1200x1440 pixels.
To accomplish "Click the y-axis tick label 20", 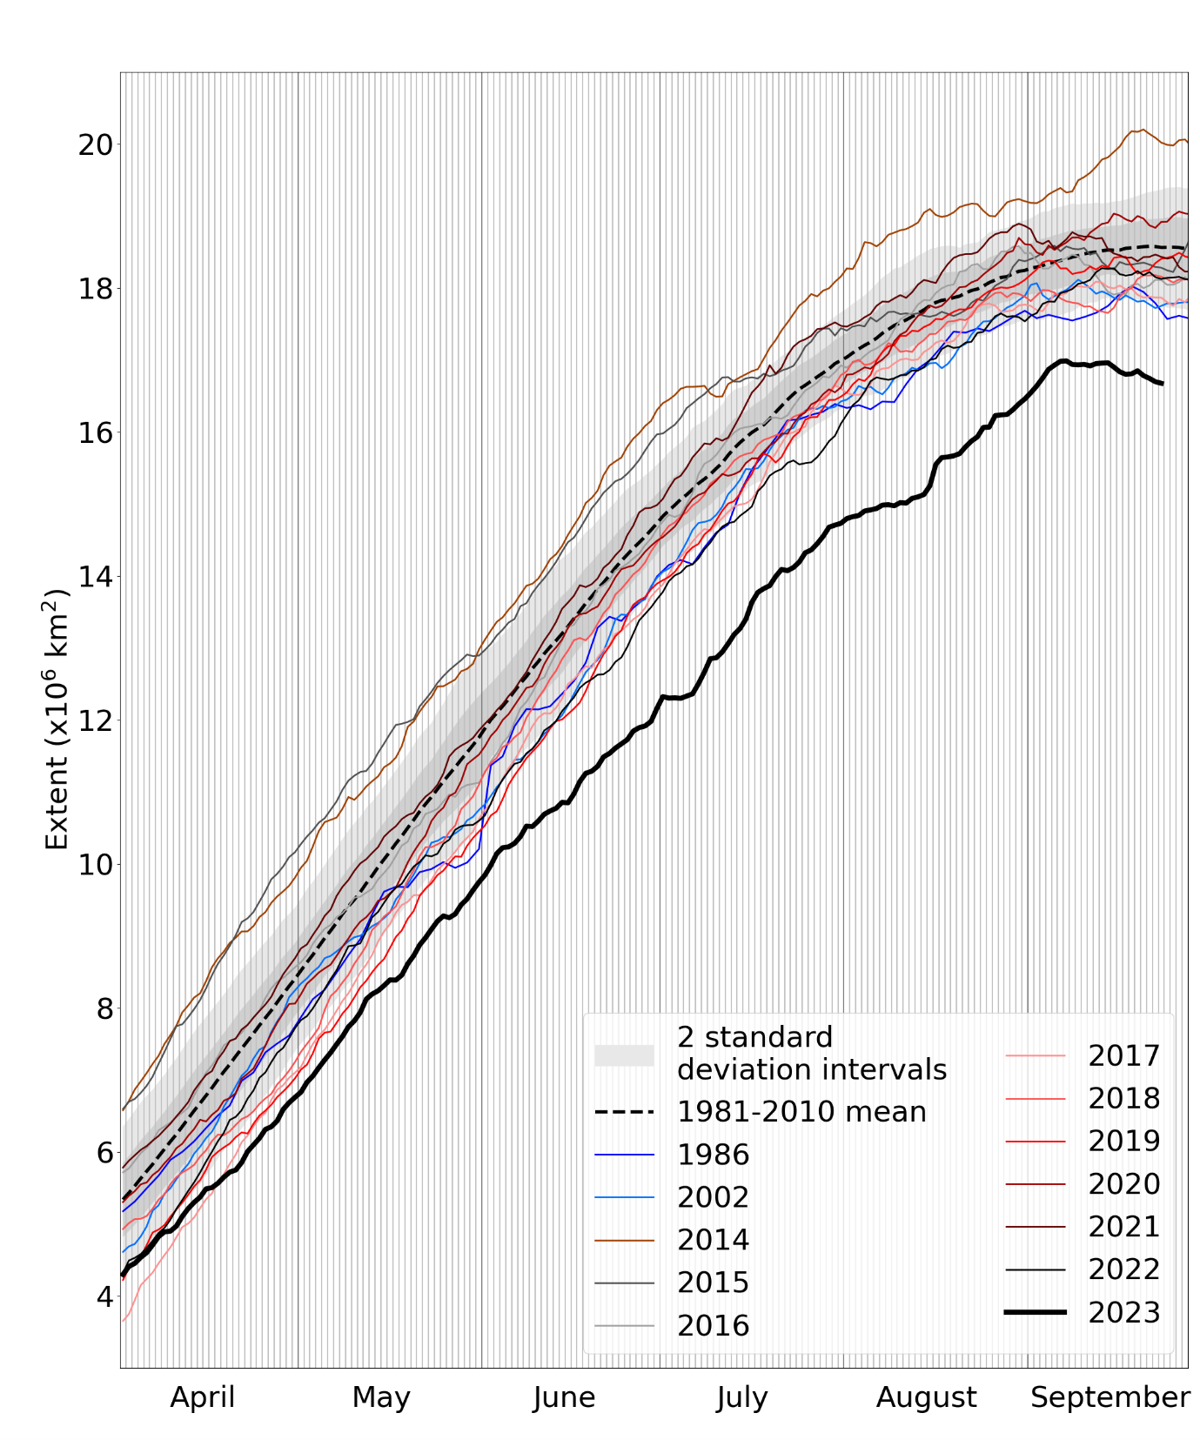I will coord(96,144).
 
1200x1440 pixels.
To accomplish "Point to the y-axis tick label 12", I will coord(96,720).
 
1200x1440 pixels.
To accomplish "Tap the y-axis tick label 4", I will coord(104,1296).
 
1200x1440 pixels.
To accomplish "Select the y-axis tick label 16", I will coord(96,432).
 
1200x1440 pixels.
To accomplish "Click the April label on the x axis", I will coord(202,1396).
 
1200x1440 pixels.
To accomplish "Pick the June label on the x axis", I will coord(564,1396).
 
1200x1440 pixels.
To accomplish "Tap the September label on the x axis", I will coord(1109,1396).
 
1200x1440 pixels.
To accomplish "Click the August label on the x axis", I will coord(926,1396).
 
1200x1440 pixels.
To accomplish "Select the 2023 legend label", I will coord(1123,1312).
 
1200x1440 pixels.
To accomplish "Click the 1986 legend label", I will coord(713,1155).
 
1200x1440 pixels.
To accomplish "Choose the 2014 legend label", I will coord(713,1240).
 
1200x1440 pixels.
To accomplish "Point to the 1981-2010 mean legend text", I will coord(801,1112).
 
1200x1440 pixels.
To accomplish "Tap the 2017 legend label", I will coord(1123,1055).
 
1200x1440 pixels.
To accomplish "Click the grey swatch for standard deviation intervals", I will coord(624,1055).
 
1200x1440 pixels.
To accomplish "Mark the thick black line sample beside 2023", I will coord(1035,1311).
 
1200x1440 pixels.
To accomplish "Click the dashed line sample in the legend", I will coord(624,1112).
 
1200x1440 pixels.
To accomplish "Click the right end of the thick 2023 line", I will coord(1163,383).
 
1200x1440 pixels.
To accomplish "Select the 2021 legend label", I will coord(1123,1227).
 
